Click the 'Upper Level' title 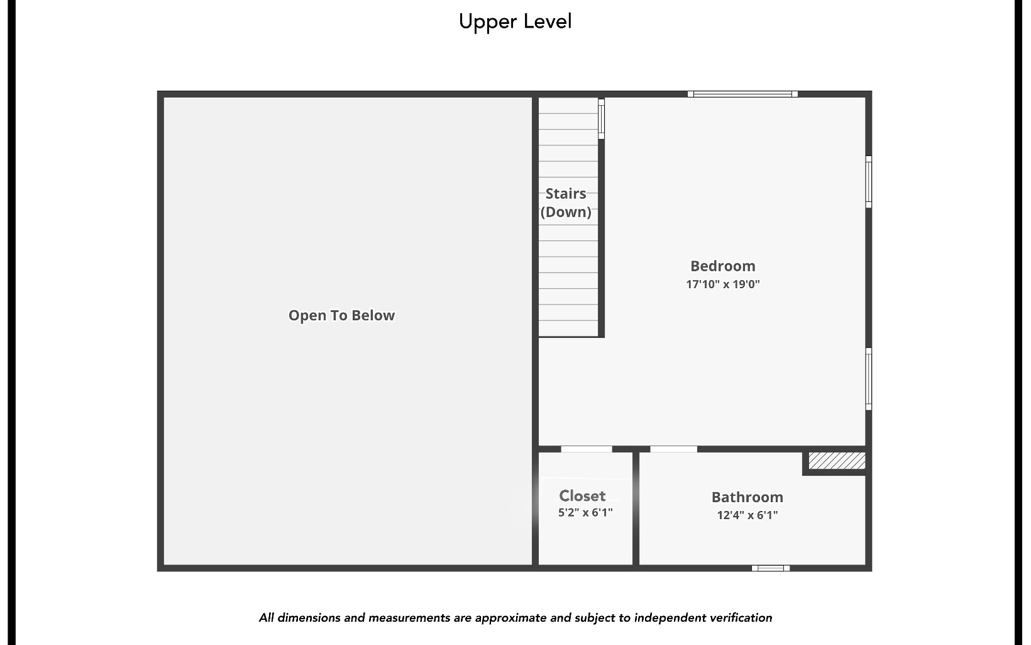[515, 21]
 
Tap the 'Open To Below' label [341, 315]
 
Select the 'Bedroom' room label [722, 266]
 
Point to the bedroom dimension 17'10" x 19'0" [722, 284]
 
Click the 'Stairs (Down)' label [566, 203]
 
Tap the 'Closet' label [582, 496]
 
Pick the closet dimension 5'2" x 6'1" [585, 512]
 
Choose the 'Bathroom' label [747, 497]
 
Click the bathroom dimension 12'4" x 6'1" [747, 515]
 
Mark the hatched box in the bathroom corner [836, 461]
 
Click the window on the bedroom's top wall [742, 94]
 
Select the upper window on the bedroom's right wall [868, 182]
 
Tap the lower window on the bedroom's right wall [868, 379]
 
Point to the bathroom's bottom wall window [771, 568]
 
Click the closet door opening [586, 449]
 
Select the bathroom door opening [673, 449]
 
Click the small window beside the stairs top [601, 119]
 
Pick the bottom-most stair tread [568, 328]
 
